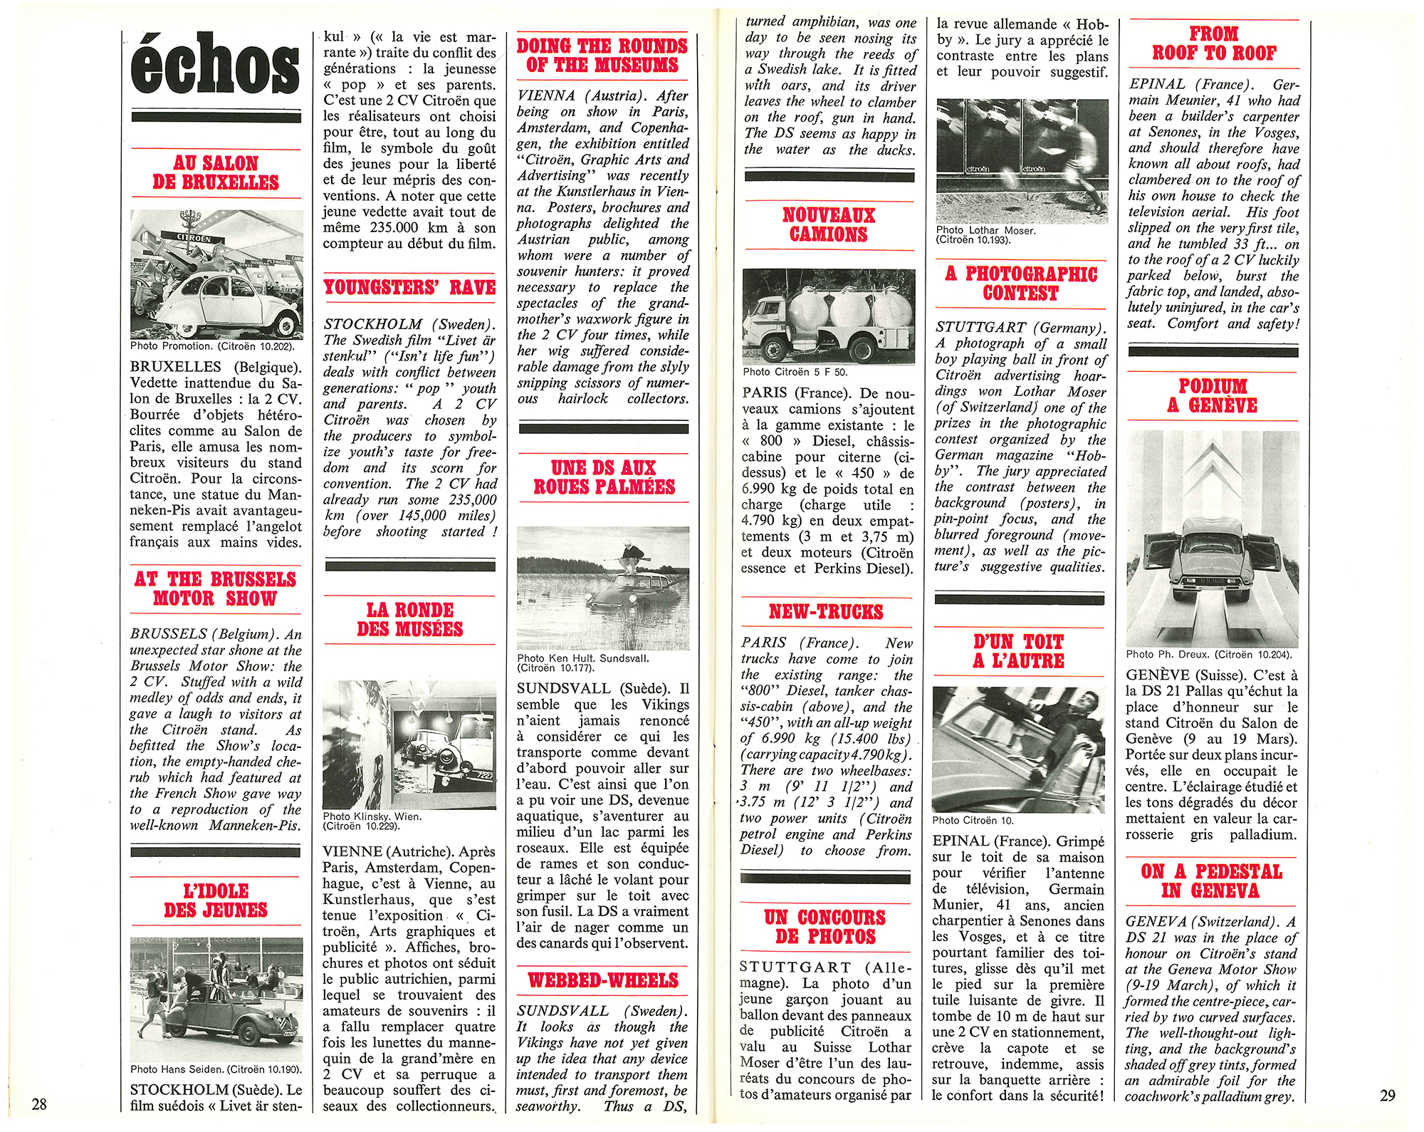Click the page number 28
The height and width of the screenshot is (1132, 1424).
39,1104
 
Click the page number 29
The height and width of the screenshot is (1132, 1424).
1388,1095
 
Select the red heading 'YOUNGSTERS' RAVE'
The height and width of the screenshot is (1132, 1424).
409,288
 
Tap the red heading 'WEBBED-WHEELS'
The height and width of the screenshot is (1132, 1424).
603,980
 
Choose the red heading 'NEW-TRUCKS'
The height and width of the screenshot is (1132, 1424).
826,612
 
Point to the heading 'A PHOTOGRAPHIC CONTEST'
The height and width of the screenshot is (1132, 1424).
1020,284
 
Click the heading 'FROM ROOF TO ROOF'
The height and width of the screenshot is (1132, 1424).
1214,43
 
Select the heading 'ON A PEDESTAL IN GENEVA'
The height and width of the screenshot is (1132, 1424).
1211,881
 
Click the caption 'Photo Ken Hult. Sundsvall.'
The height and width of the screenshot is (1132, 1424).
583,658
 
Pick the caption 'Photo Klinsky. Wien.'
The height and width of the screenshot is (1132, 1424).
372,816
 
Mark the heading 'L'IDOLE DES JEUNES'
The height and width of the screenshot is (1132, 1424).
216,900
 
